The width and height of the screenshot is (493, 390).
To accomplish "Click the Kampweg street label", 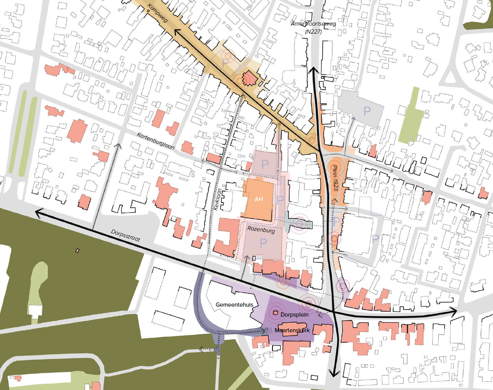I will (157, 13).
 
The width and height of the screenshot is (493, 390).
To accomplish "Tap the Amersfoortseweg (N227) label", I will (313, 28).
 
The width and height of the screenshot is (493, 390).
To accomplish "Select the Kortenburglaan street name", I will (156, 141).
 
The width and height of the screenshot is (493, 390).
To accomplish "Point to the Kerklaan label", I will (217, 199).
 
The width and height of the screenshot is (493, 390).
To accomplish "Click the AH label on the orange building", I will (259, 199).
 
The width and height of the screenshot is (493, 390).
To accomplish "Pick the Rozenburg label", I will (261, 229).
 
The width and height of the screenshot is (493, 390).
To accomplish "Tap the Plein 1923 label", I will (335, 178).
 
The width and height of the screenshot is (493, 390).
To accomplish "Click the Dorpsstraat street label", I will (125, 235).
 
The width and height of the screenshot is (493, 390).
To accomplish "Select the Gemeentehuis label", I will (234, 305).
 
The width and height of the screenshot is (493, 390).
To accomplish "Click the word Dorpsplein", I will (294, 315).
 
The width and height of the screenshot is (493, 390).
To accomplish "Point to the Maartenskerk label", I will (292, 330).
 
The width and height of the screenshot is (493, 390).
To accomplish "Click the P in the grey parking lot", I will (367, 111).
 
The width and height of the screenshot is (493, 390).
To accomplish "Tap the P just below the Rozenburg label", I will (263, 243).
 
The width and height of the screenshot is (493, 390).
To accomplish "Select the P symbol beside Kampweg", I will (225, 63).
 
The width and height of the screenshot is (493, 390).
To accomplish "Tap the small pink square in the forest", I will (78, 251).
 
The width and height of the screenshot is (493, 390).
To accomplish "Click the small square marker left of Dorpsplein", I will (276, 314).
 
